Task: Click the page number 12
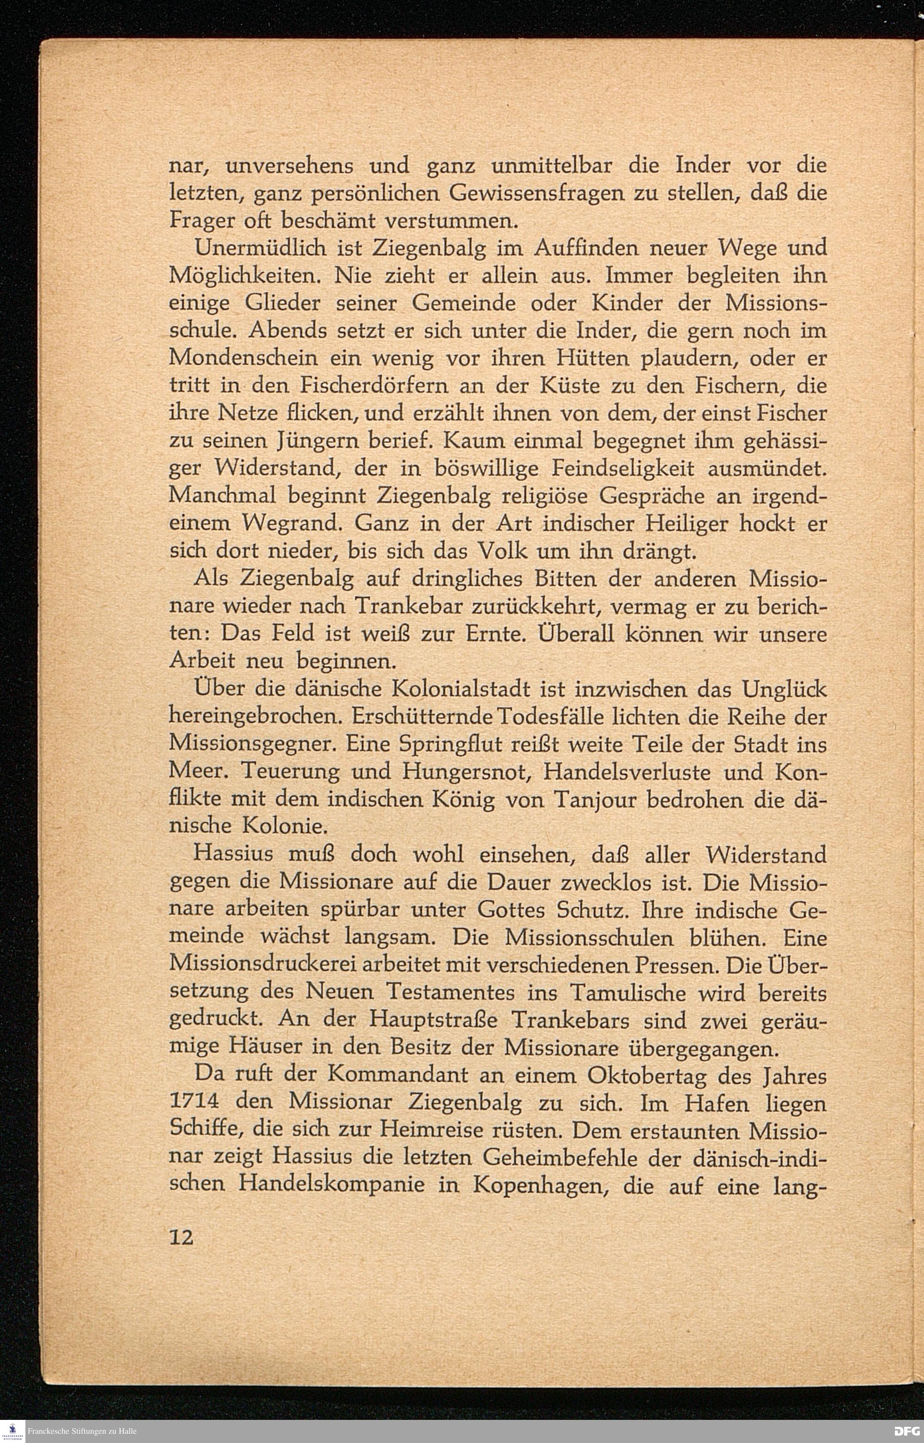point(181,1238)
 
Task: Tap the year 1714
point(194,1102)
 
